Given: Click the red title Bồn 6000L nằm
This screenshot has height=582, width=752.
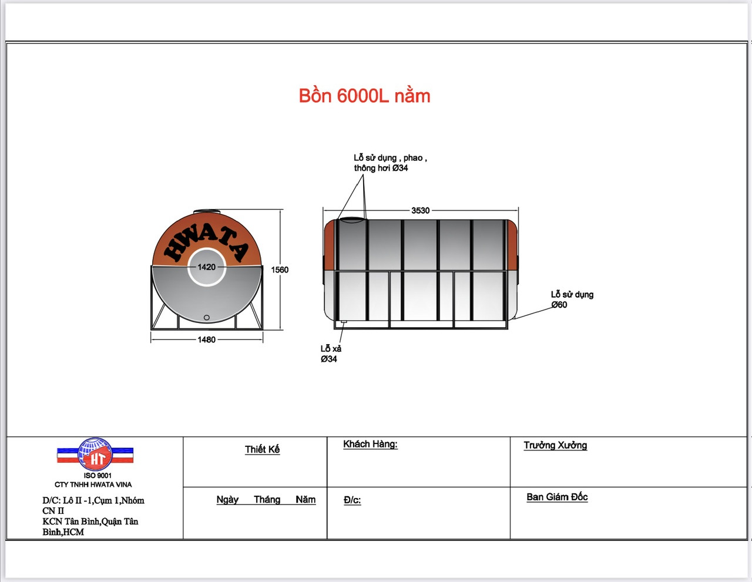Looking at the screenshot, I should pyautogui.click(x=364, y=96).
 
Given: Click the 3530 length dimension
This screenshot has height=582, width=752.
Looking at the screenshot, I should pyautogui.click(x=420, y=210).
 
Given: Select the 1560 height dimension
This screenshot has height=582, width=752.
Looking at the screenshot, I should pyautogui.click(x=280, y=270).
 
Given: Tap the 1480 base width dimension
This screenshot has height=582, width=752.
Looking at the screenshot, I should pyautogui.click(x=206, y=339).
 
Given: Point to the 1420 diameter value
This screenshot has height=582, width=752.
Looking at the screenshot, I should pyautogui.click(x=206, y=267).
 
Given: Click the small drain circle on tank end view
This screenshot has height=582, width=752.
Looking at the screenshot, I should pyautogui.click(x=206, y=318).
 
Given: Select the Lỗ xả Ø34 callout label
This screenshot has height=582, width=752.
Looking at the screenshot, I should pyautogui.click(x=331, y=354).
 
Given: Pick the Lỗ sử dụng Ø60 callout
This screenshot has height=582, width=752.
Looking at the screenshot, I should pyautogui.click(x=572, y=300).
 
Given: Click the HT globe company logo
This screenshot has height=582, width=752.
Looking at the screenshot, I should pyautogui.click(x=95, y=454).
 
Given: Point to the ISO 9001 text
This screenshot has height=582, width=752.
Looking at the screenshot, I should pyautogui.click(x=98, y=475).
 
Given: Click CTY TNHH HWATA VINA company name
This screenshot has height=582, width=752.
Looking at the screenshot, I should pyautogui.click(x=93, y=485).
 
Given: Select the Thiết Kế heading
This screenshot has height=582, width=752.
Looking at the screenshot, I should pyautogui.click(x=262, y=449).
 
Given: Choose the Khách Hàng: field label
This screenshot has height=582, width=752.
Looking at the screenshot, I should pyautogui.click(x=370, y=444).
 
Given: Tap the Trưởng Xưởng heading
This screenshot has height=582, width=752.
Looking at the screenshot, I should pyautogui.click(x=555, y=445).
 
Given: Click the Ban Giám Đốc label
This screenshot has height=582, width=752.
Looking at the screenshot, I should pyautogui.click(x=557, y=497).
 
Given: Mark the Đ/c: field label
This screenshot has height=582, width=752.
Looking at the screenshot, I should pyautogui.click(x=352, y=500).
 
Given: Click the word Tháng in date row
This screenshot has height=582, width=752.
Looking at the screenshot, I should pyautogui.click(x=267, y=499).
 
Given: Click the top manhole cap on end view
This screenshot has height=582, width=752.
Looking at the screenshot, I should pyautogui.click(x=207, y=211).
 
